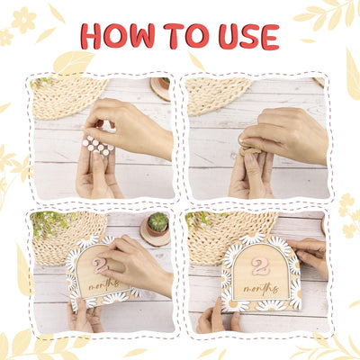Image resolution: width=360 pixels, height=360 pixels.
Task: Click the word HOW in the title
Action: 118,37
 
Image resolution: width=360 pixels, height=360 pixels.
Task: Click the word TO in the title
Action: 186,36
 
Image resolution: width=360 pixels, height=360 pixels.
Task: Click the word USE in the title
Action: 249,37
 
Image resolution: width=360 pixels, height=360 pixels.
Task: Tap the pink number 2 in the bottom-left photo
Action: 100,265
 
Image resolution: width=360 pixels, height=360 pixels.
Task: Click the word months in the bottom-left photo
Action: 103,285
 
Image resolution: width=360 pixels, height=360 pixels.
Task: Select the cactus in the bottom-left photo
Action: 157,222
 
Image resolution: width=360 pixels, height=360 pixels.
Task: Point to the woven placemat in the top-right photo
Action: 218,94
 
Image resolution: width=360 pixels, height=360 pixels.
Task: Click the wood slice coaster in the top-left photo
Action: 160,89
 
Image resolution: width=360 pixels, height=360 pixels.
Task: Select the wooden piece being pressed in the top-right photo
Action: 249,148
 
